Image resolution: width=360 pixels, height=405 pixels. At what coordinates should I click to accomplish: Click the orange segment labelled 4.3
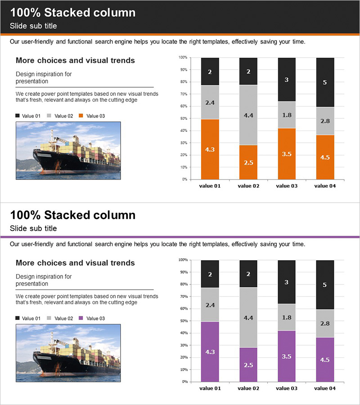(x=210, y=149)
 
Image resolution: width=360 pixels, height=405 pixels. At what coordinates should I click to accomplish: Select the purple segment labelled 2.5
(x=248, y=364)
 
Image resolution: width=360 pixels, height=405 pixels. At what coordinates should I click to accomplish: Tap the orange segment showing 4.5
(x=325, y=157)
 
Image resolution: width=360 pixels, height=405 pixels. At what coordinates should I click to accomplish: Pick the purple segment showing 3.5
(x=287, y=356)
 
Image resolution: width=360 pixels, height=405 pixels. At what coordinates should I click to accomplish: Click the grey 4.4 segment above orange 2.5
(x=248, y=115)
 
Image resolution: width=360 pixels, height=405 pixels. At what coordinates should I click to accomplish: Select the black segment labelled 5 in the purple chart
(x=325, y=284)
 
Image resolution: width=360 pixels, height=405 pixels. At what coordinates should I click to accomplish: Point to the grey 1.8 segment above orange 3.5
(x=287, y=115)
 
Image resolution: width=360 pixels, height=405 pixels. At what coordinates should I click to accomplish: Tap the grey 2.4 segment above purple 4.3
(x=210, y=305)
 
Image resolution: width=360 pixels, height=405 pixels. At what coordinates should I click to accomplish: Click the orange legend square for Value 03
(x=81, y=116)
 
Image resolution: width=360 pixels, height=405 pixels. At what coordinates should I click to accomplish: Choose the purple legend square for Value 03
(x=81, y=319)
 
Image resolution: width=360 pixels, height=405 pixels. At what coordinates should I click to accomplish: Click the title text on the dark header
(x=72, y=13)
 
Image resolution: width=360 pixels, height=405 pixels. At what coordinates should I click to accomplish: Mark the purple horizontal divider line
(x=180, y=237)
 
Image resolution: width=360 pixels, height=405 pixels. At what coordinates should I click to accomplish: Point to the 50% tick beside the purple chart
(x=183, y=321)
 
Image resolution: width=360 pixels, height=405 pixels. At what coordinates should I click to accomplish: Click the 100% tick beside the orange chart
(x=183, y=58)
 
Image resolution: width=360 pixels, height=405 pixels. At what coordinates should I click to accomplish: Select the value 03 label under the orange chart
(x=287, y=186)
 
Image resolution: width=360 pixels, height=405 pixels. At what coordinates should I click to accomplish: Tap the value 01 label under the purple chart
(x=210, y=388)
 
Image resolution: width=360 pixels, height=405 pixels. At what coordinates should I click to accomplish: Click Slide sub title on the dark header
(x=33, y=26)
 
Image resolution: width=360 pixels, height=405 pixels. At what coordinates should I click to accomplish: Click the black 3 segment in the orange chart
(x=287, y=80)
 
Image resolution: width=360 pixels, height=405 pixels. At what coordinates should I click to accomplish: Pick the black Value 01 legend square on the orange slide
(x=18, y=116)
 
